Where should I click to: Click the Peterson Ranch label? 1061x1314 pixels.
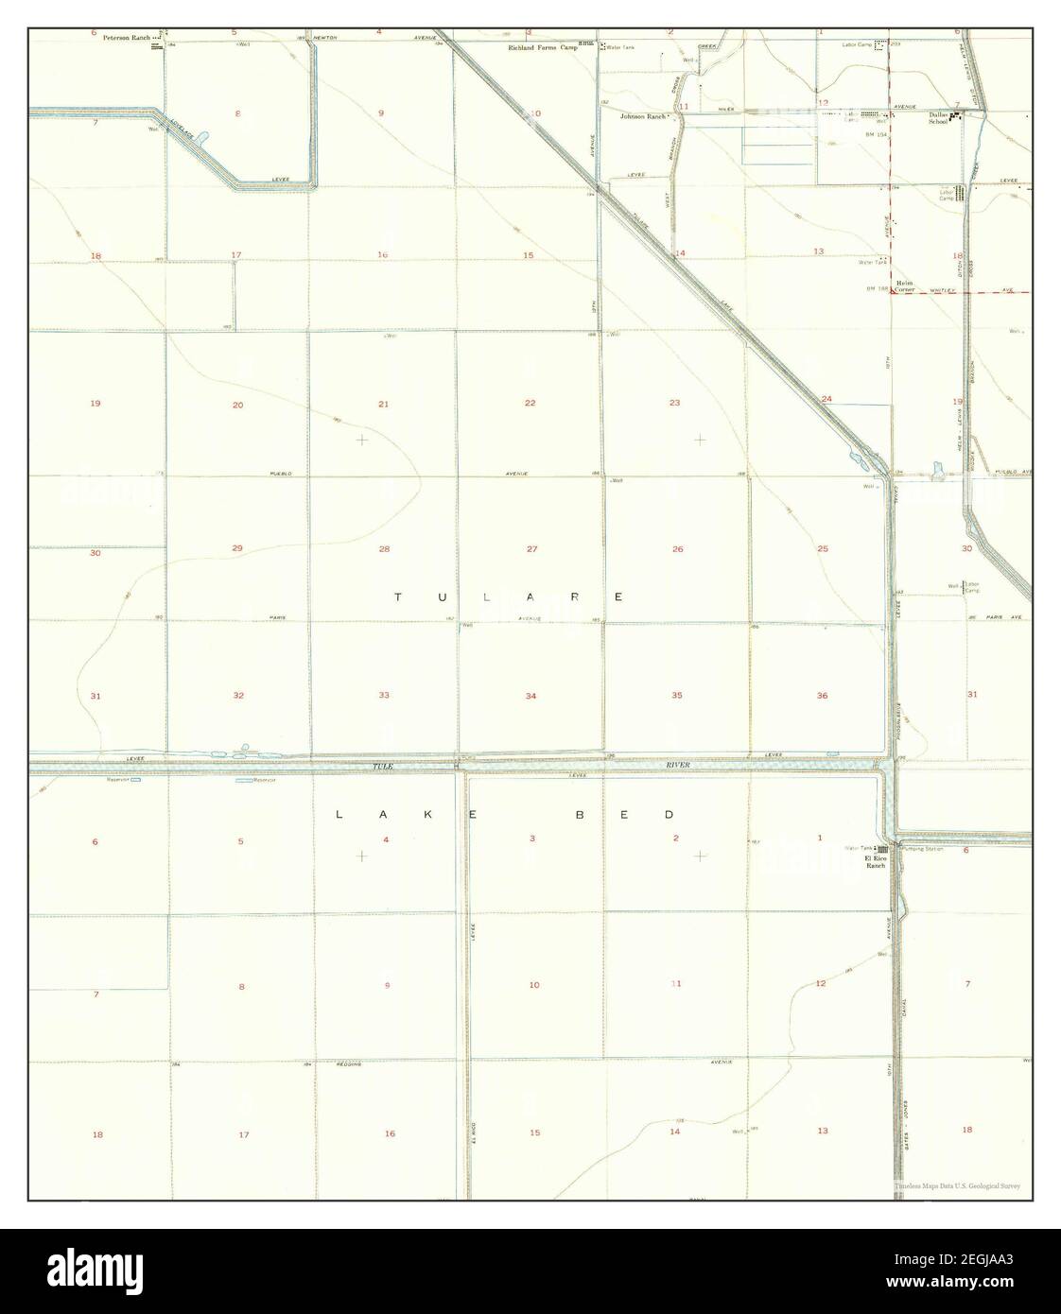[127, 39]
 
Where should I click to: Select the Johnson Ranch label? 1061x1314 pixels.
[643, 116]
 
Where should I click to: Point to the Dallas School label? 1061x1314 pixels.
[938, 116]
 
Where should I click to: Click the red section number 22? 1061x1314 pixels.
[530, 403]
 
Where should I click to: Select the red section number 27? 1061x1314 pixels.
[532, 549]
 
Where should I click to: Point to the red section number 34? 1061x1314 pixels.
[531, 697]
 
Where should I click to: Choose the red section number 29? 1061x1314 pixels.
[237, 548]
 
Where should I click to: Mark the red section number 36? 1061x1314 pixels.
[822, 696]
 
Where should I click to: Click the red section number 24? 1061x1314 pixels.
[826, 398]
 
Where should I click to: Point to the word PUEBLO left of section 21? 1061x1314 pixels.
[280, 473]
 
